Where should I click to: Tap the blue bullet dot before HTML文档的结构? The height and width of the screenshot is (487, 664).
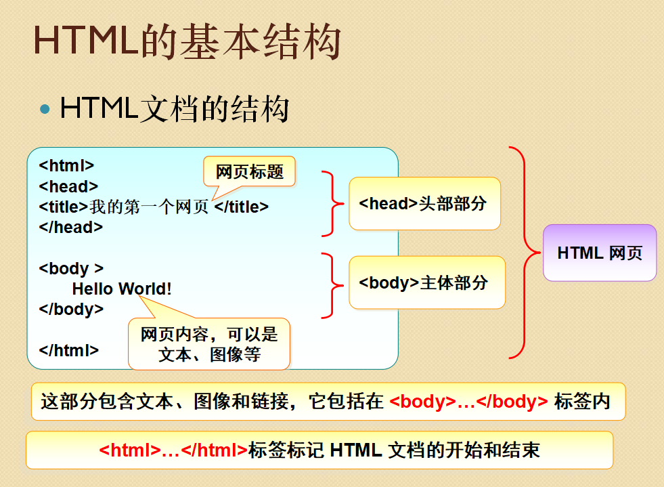tap(45, 108)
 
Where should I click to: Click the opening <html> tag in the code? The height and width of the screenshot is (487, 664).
tap(66, 166)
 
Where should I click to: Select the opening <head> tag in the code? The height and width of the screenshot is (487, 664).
tap(68, 186)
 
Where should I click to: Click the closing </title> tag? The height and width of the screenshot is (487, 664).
tap(242, 207)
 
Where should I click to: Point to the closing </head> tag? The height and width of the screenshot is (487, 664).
tap(70, 228)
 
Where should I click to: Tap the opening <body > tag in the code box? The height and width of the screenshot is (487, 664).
tap(71, 268)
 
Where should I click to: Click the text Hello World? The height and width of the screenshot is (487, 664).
tap(122, 289)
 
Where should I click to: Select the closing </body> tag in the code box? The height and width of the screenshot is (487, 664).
tap(71, 309)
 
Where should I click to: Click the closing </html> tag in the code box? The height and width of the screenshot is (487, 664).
tap(69, 350)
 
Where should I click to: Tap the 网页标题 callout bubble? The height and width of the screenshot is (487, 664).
tap(250, 171)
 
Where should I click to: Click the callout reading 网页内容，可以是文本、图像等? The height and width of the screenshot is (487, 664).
tap(209, 344)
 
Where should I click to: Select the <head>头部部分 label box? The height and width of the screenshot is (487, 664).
tap(424, 203)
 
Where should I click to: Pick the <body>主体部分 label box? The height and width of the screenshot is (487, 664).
tap(426, 282)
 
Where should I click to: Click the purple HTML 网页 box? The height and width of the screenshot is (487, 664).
tap(600, 253)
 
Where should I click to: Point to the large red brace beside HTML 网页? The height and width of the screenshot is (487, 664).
tap(525, 252)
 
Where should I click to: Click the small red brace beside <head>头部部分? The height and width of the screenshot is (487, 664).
tap(331, 203)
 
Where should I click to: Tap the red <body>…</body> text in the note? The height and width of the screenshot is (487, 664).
tap(469, 401)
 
